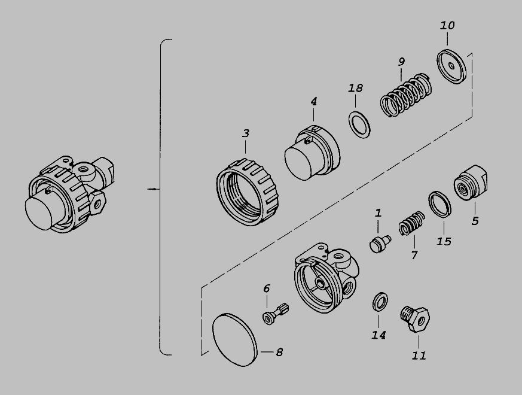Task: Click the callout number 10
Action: pos(447,26)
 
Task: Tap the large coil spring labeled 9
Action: pos(406,95)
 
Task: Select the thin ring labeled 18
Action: pos(359,125)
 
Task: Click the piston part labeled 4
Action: pos(312,153)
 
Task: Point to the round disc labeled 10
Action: pos(451,66)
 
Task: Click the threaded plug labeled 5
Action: pos(471,183)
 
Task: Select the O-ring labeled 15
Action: pos(439,204)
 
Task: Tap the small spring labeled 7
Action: pos(412,223)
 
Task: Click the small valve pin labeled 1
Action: pos(380,244)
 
